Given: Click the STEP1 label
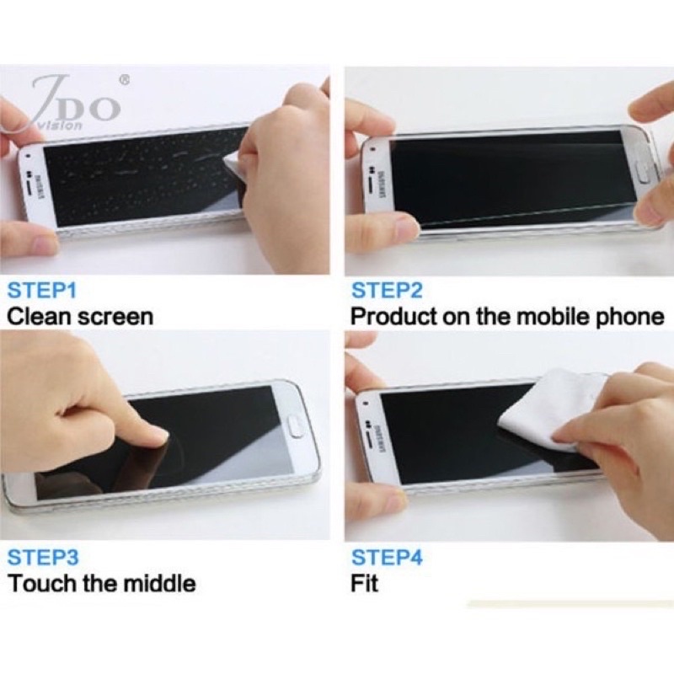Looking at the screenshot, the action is click(41, 290).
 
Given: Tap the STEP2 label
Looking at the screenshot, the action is click(387, 290).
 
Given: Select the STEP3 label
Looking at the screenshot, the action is click(43, 557).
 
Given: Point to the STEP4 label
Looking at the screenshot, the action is click(387, 557).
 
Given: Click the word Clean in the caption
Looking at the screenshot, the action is click(39, 317).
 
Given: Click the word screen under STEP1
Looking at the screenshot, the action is click(115, 318).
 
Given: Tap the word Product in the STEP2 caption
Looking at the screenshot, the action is click(393, 317).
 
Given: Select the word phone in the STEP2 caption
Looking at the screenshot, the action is click(627, 318).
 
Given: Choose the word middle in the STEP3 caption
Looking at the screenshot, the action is click(159, 584).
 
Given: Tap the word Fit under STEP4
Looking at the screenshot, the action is click(364, 584).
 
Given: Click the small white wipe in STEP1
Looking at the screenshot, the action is click(234, 165).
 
